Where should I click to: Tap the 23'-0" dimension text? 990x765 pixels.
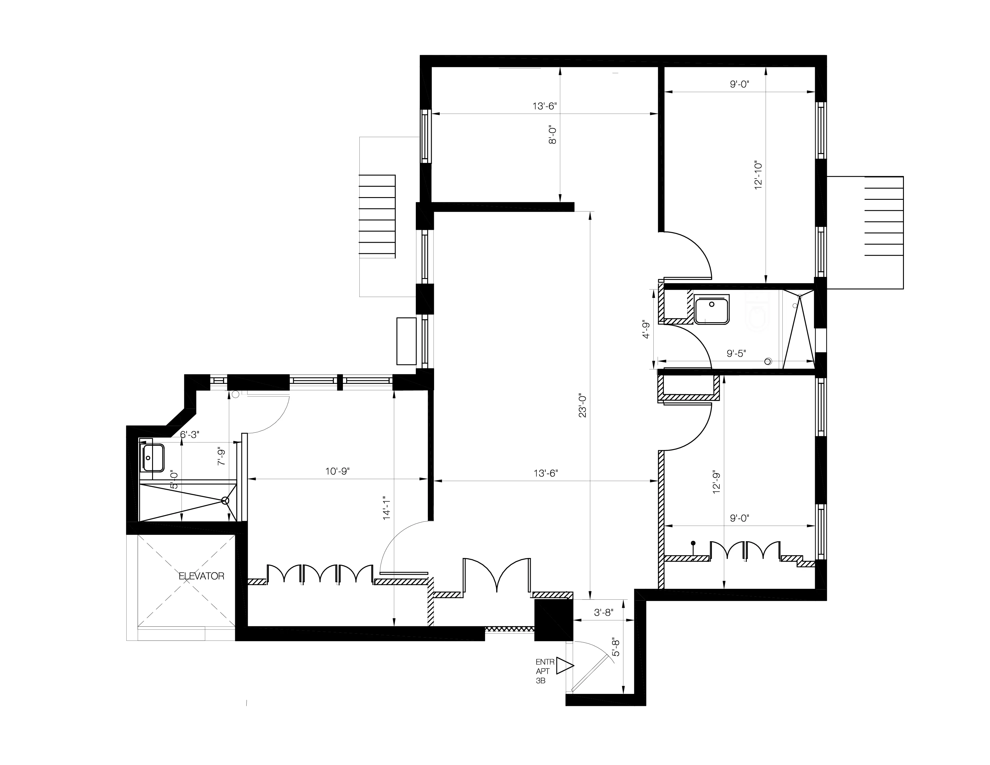[x=583, y=406]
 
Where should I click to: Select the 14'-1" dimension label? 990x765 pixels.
[x=386, y=507]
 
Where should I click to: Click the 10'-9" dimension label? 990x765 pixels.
[x=337, y=471]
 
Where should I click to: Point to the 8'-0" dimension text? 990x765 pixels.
[x=553, y=135]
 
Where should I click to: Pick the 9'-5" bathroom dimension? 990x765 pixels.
[x=736, y=353]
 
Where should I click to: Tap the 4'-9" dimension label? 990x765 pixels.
[x=646, y=329]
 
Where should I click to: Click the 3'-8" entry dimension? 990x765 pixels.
[x=604, y=613]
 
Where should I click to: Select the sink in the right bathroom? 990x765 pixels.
[x=712, y=310]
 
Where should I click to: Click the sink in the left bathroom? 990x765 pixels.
[x=151, y=458]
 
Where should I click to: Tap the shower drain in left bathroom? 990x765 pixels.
[x=225, y=500]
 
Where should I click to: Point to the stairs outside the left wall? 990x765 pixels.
[x=377, y=217]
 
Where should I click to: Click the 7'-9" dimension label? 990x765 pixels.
[x=221, y=457]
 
